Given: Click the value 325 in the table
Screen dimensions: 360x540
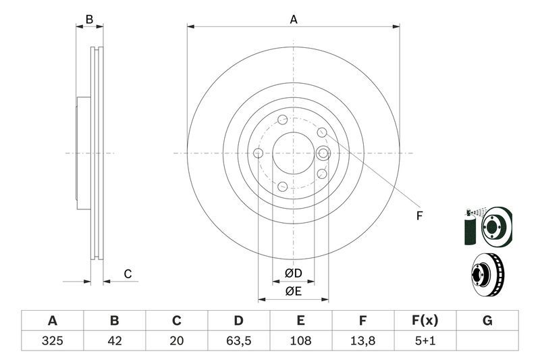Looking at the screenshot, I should tap(52, 340).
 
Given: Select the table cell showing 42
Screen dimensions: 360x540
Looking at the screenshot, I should tap(115, 340).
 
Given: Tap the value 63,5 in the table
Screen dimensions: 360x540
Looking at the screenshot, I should tap(238, 340).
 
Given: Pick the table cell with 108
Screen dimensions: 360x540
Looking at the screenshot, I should tap(301, 340).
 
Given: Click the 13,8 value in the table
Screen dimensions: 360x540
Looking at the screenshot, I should tap(363, 340).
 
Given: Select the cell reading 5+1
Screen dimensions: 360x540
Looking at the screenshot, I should tap(425, 340).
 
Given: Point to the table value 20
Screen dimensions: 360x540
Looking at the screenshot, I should tap(177, 340).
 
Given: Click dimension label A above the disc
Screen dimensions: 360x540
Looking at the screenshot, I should tap(294, 20).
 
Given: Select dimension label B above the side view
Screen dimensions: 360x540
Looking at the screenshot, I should tap(89, 20).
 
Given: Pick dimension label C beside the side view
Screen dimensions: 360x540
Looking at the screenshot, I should tap(127, 274).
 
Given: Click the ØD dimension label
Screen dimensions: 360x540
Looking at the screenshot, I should tap(293, 274).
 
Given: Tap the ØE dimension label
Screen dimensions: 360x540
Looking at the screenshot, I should tap(293, 291).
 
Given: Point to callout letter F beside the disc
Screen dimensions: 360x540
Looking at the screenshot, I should tap(418, 216).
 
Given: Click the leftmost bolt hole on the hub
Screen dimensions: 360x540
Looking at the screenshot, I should tap(258, 153).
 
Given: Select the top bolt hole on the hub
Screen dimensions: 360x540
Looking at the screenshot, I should tap(283, 120).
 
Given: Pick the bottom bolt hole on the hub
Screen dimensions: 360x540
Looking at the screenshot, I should tap(283, 186).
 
